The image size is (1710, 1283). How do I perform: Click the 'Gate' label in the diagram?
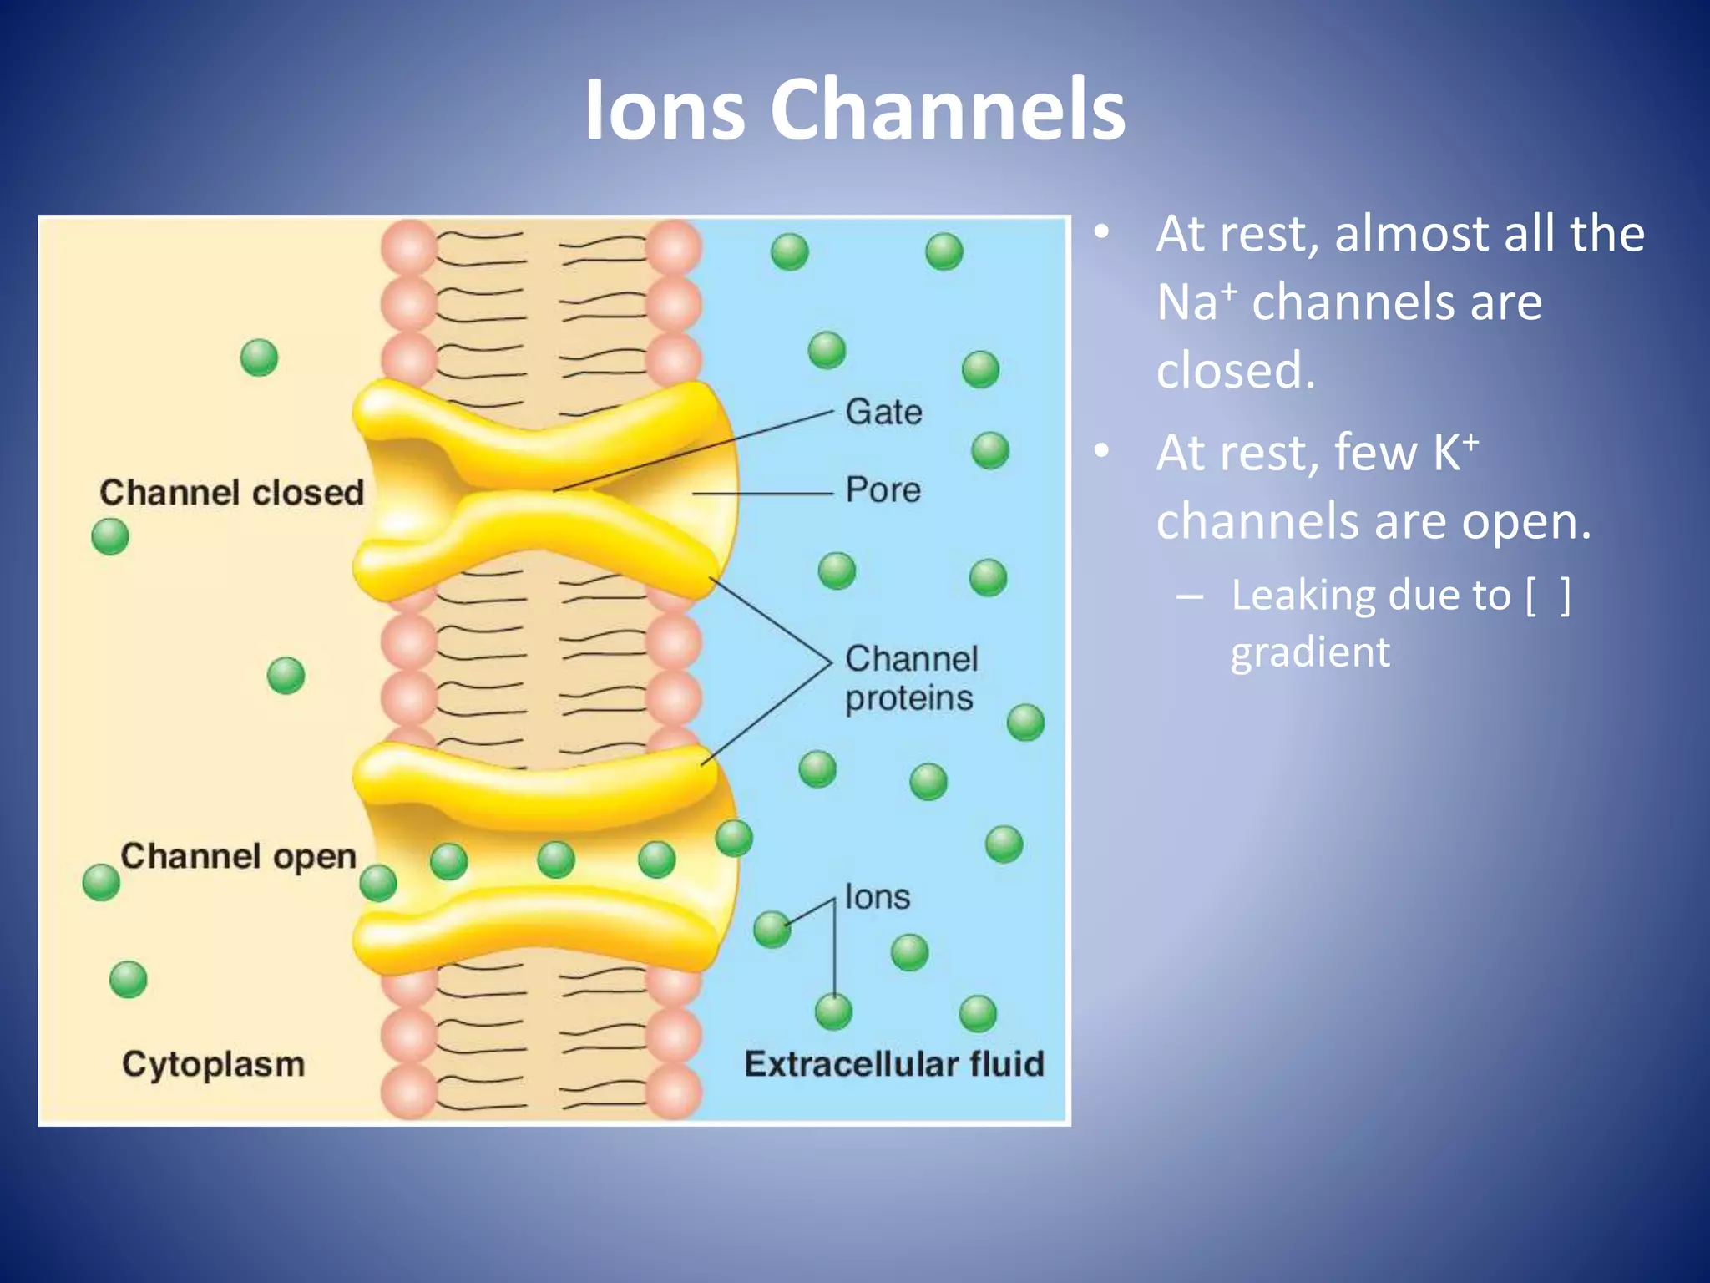point(883,413)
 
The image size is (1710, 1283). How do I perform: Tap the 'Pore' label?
point(883,490)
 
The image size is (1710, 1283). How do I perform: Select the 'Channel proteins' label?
point(910,678)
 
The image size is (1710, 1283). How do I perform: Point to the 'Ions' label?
point(877,897)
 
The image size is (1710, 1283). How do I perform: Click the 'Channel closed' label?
point(231,493)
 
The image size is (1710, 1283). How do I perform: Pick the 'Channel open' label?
point(238,857)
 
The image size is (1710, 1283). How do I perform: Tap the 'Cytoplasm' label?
point(213,1065)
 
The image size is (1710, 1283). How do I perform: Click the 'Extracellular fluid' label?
point(893,1065)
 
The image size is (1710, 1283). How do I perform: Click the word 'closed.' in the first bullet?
point(1235,371)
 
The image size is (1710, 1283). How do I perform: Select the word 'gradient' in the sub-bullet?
point(1310,652)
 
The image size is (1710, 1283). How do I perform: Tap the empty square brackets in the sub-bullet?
point(1547,596)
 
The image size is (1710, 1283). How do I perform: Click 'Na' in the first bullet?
point(1186,302)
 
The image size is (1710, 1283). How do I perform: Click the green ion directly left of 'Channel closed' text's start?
point(110,536)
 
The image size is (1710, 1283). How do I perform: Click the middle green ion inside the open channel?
point(556,860)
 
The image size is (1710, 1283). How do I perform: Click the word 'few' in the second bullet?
point(1375,454)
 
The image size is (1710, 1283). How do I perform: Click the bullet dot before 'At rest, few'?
point(1102,452)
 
